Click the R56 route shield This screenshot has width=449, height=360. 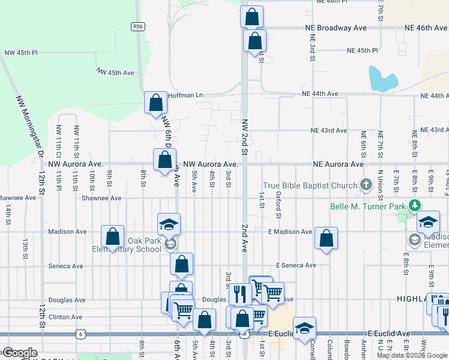click(138, 26)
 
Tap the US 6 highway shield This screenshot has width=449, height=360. click(80, 332)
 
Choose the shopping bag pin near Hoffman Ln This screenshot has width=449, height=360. click(156, 103)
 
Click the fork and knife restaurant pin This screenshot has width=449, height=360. click(238, 294)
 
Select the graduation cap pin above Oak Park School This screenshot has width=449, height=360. click(169, 225)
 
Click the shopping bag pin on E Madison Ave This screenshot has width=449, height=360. click(326, 238)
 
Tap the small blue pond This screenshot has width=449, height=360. click(382, 79)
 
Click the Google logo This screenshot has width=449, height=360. click(20, 353)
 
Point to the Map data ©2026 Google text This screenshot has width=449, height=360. click(412, 355)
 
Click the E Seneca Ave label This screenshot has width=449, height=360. click(296, 265)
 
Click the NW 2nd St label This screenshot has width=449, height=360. click(245, 137)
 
